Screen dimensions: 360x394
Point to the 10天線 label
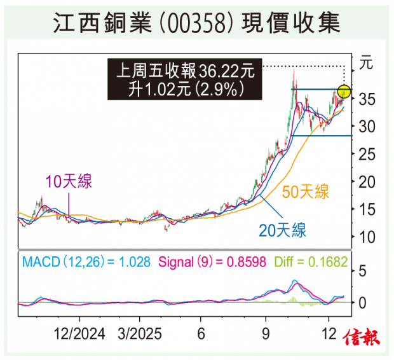68,182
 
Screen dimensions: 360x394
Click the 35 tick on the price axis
367,99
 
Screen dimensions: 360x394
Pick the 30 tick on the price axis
367,127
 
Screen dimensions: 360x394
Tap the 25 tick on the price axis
367,155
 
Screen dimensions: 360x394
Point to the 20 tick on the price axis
367,182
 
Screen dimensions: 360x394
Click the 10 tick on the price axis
367,237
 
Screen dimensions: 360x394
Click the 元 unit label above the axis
367,63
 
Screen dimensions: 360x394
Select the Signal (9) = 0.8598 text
212,261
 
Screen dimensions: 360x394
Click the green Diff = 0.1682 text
311,261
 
